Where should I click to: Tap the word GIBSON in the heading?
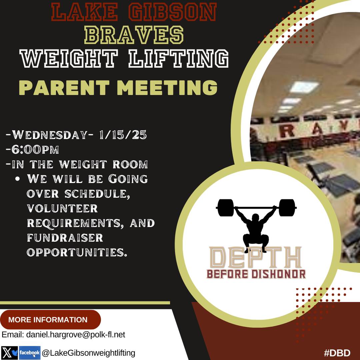173,12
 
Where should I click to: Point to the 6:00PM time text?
32,150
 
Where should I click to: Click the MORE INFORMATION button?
48,320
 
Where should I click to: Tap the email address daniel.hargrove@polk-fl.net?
64,334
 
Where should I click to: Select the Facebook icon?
29,353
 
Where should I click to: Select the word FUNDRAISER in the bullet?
65,238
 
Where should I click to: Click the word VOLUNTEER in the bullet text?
62,209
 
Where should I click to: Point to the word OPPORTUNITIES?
77,252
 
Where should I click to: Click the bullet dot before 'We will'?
19,179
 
